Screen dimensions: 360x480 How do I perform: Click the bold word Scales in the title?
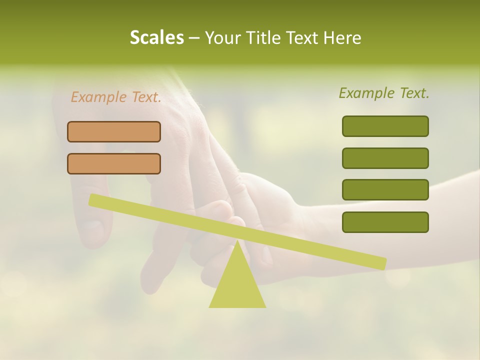pos(156,37)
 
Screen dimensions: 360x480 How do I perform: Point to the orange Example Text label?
pos(116,97)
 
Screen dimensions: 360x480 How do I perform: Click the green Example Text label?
pos(384,93)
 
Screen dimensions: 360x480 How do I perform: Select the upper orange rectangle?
pos(114,131)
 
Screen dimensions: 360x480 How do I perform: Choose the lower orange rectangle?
pos(114,163)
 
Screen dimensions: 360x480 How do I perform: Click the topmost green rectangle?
pos(385,126)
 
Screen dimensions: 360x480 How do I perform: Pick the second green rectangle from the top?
pos(385,158)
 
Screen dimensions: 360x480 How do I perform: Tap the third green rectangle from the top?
pos(385,190)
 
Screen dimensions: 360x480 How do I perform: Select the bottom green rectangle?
pos(385,222)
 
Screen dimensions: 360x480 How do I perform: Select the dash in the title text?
pos(194,38)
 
